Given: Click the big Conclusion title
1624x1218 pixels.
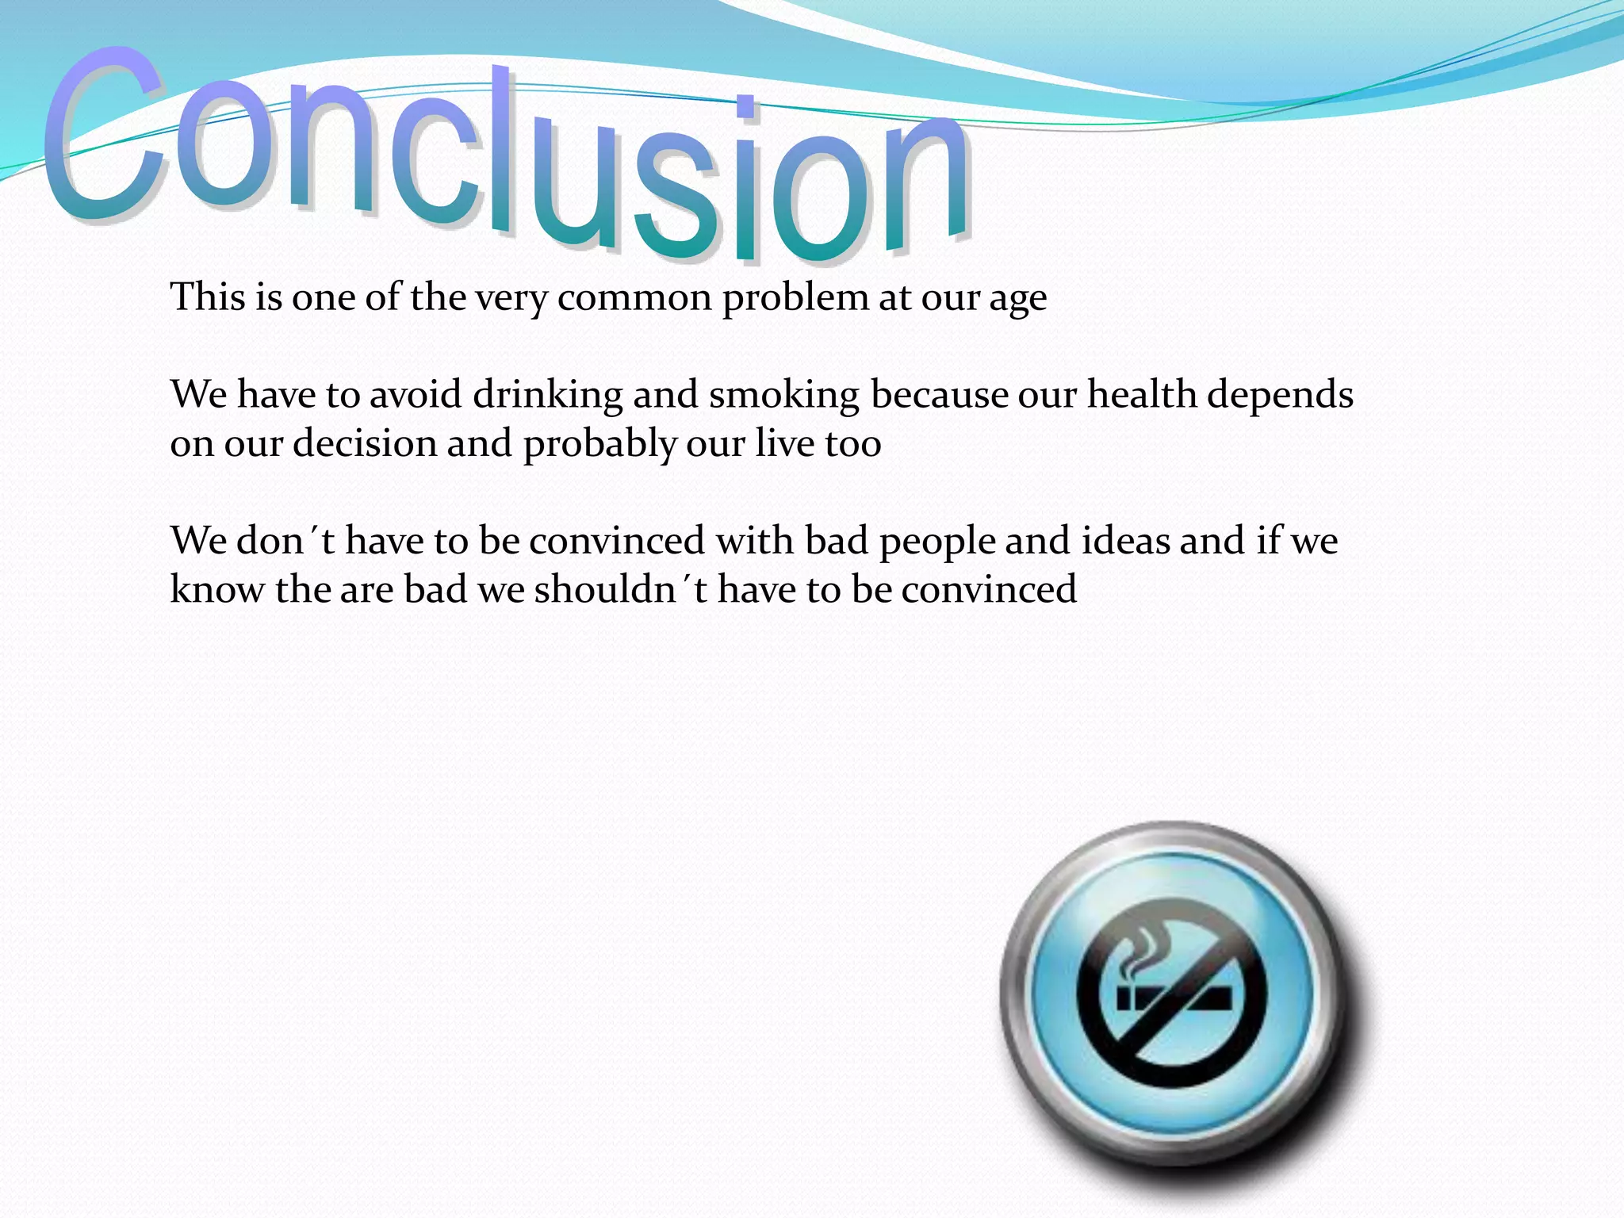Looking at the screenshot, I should coord(507,159).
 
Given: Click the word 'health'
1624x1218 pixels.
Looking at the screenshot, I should coord(1140,394).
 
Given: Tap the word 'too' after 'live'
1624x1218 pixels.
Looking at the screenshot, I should coord(852,444).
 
